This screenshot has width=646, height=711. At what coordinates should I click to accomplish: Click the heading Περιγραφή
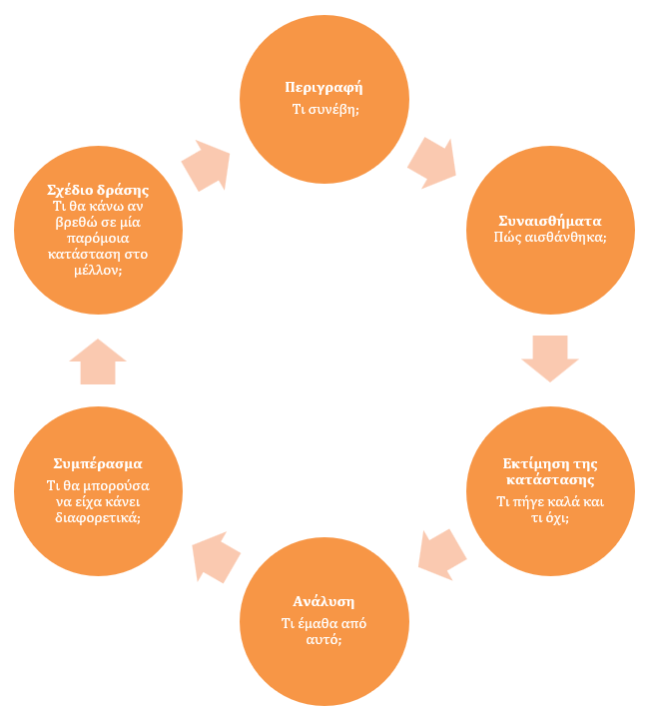click(323, 88)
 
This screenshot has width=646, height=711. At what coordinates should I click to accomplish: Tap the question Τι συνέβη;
click(325, 109)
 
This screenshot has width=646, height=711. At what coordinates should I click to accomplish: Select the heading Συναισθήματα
click(550, 221)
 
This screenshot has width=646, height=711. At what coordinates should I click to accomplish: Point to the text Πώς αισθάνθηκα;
click(550, 237)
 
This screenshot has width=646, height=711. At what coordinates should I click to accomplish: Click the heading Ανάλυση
click(323, 602)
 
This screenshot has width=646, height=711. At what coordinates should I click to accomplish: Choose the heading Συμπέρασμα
click(98, 464)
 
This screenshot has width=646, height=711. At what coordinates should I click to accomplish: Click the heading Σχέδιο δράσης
click(98, 190)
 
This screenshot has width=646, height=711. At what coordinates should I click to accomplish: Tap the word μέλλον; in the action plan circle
click(98, 271)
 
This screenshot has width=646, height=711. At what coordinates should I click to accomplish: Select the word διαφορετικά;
click(98, 518)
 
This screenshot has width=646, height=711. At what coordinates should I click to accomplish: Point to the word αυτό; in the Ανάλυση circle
click(323, 639)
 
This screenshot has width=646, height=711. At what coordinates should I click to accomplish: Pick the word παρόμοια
click(98, 239)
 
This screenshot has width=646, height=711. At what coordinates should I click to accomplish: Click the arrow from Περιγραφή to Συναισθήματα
click(432, 163)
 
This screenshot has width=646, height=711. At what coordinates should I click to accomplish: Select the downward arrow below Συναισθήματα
click(550, 358)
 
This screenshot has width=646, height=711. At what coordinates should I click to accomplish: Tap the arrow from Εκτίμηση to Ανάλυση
click(442, 554)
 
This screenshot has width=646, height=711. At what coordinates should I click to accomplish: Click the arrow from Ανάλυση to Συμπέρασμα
click(216, 557)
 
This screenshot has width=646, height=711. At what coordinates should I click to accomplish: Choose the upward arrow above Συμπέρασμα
click(98, 361)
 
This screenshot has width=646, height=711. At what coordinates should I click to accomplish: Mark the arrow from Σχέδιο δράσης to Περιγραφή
click(206, 166)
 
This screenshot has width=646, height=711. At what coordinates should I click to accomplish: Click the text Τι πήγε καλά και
click(550, 502)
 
